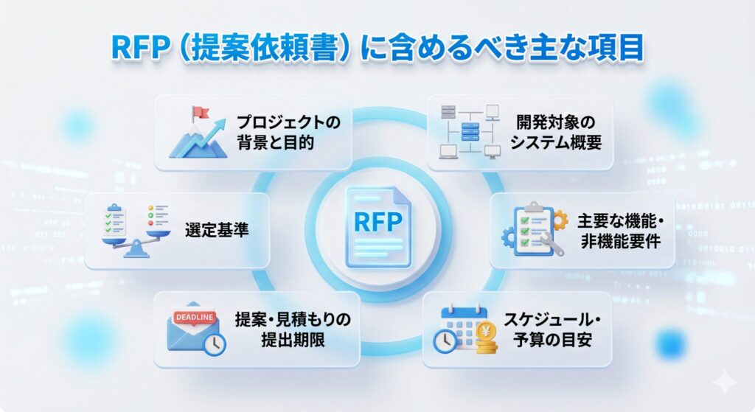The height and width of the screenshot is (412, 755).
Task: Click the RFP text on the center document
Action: tap(376, 221)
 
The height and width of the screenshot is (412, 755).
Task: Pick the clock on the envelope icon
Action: tap(215, 343)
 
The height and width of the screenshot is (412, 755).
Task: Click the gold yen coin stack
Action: tap(486, 341)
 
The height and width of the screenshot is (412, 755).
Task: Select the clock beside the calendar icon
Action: tap(446, 341)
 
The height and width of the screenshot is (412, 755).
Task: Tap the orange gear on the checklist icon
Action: tap(559, 220)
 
